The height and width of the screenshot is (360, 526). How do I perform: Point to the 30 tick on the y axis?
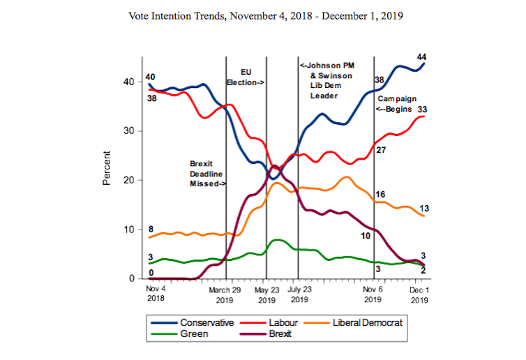[x=134, y=131]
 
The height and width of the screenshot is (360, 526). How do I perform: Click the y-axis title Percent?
[x=107, y=167]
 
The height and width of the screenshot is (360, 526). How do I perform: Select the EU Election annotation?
[x=245, y=77]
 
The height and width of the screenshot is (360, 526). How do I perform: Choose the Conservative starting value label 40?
[x=151, y=77]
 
